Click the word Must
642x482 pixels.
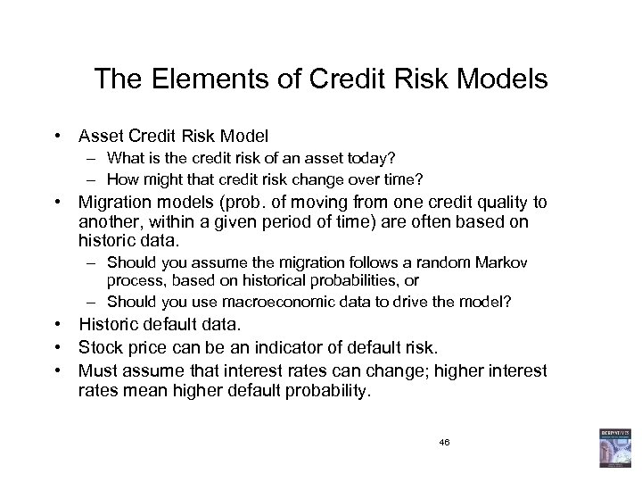(97, 370)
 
